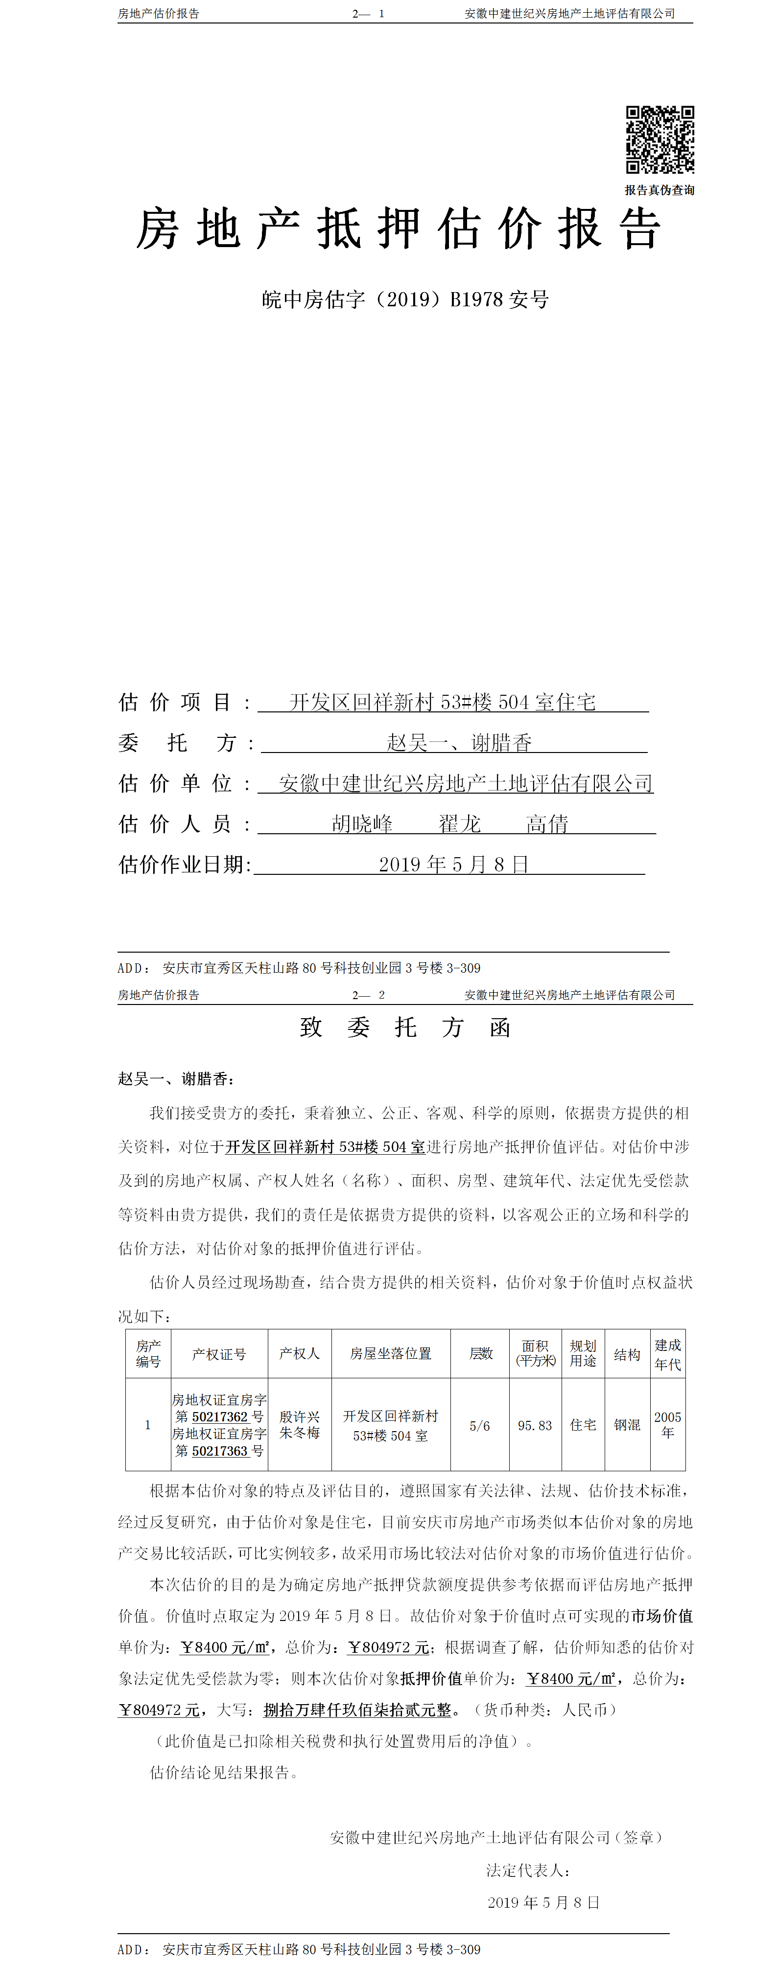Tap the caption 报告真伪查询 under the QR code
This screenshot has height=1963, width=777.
pos(659,190)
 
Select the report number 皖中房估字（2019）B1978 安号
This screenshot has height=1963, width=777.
pos(405,299)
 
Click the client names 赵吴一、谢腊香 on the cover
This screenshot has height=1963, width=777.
pos(459,742)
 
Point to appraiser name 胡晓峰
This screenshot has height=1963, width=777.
pos(362,824)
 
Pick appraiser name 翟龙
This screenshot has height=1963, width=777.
pos(459,824)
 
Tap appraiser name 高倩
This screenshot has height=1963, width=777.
pos(547,824)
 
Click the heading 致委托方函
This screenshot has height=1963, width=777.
pos(405,1027)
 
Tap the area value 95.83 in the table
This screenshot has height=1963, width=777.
pos(535,1425)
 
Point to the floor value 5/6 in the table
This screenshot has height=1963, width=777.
pos(480,1425)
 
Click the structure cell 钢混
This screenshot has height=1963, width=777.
pos(627,1424)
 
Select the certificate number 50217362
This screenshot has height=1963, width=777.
pos(220,1416)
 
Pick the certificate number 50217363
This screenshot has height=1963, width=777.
pos(220,1451)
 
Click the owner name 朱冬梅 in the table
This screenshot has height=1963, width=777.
pos(300,1433)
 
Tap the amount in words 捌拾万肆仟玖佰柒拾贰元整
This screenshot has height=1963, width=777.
pos(357,1710)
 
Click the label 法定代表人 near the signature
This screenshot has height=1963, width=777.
pos(528,1870)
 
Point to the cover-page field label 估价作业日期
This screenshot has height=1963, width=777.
pos(184,864)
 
